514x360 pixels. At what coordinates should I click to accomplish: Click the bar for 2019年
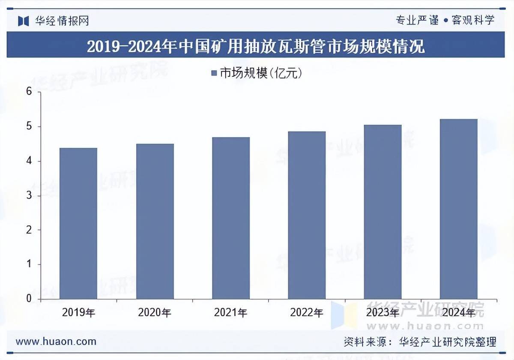click(x=78, y=223)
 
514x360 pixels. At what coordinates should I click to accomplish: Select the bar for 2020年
click(x=155, y=221)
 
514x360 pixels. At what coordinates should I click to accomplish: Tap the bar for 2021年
click(x=231, y=218)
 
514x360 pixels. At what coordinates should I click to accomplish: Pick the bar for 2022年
click(x=307, y=215)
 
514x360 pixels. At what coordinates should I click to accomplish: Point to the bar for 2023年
click(x=383, y=212)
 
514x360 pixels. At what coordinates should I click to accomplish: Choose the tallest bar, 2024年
click(x=459, y=209)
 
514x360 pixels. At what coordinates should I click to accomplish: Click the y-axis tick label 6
click(x=29, y=92)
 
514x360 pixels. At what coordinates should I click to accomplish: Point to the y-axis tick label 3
click(x=29, y=196)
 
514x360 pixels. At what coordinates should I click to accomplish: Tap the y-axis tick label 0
click(x=29, y=299)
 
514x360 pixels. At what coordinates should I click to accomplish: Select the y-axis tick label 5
click(x=29, y=127)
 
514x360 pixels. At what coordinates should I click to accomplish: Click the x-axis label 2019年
click(x=78, y=313)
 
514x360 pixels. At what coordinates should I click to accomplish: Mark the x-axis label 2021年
click(x=231, y=313)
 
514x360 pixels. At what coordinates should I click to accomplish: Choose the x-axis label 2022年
click(x=307, y=313)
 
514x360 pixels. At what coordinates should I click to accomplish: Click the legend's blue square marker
click(x=215, y=74)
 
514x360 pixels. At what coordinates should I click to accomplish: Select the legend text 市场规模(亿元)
click(x=261, y=74)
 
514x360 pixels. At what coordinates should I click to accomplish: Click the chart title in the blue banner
click(x=256, y=46)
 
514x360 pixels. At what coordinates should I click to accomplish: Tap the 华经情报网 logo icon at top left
click(x=23, y=21)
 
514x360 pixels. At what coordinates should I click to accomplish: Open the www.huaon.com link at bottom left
click(x=56, y=342)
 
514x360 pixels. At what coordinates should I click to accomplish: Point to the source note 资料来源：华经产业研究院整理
click(x=420, y=342)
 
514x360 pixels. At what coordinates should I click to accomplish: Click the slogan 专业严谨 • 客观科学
click(x=445, y=20)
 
